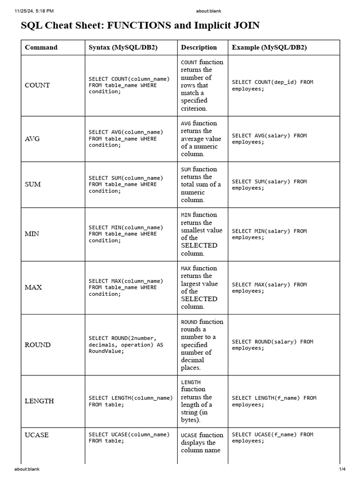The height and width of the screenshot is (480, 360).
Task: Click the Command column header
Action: click(41, 47)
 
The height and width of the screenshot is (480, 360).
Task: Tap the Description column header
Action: click(199, 47)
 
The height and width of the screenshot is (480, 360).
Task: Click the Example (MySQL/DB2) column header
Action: click(269, 47)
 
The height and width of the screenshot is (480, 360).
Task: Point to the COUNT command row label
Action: click(37, 85)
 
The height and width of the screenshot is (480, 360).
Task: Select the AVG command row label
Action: click(32, 139)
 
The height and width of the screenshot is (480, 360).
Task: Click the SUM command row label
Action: click(33, 184)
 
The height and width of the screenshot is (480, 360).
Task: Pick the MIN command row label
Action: click(32, 234)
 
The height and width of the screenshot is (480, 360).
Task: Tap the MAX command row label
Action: click(33, 287)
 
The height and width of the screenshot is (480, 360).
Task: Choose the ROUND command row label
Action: click(37, 345)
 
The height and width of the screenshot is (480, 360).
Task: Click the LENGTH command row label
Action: click(39, 401)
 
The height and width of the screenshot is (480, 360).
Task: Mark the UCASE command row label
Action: click(37, 435)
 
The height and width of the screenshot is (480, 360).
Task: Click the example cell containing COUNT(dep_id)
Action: click(272, 85)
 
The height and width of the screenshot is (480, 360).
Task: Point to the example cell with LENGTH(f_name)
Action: click(274, 401)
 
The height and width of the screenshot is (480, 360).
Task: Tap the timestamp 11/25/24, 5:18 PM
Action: click(34, 11)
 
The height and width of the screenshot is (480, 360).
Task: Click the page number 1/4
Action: click(342, 469)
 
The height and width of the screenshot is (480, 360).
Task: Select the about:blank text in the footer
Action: click(27, 469)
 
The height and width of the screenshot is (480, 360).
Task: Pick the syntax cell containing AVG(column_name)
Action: click(126, 139)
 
